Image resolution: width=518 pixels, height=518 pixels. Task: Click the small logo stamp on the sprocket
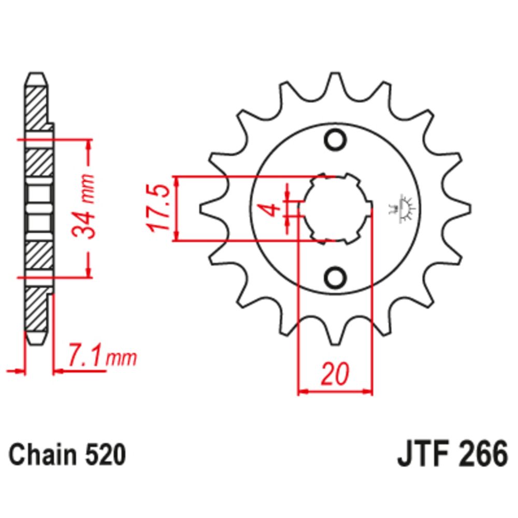point(400,209)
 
